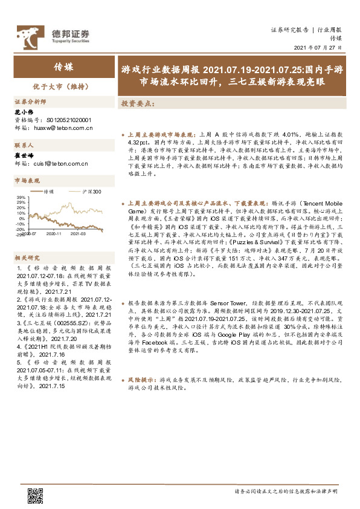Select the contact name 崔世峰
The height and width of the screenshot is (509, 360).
pyautogui.click(x=22, y=155)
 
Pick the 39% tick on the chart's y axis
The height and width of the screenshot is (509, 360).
pyautogui.click(x=21, y=198)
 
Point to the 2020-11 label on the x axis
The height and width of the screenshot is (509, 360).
pyautogui.click(x=53, y=232)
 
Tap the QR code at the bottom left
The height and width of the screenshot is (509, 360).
pyautogui.click(x=36, y=495)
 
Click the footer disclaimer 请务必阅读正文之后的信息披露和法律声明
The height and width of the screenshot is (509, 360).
pyautogui.click(x=286, y=491)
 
